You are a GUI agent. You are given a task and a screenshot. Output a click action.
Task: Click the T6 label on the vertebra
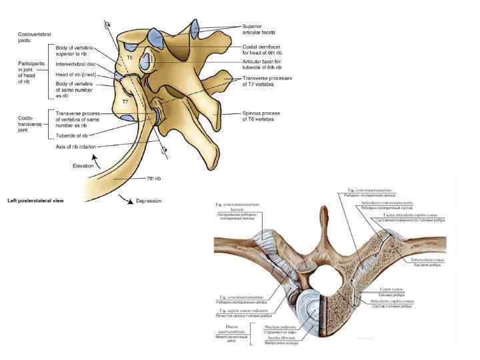point(130,59)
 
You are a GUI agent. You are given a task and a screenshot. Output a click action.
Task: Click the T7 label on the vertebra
point(125,101)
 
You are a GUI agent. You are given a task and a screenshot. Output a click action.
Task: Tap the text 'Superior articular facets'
point(256,29)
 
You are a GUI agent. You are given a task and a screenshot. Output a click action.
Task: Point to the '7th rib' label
point(154,179)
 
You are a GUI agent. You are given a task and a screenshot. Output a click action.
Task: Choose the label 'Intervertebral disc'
point(77,65)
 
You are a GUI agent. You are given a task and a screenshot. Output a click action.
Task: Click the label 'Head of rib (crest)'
point(77,74)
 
